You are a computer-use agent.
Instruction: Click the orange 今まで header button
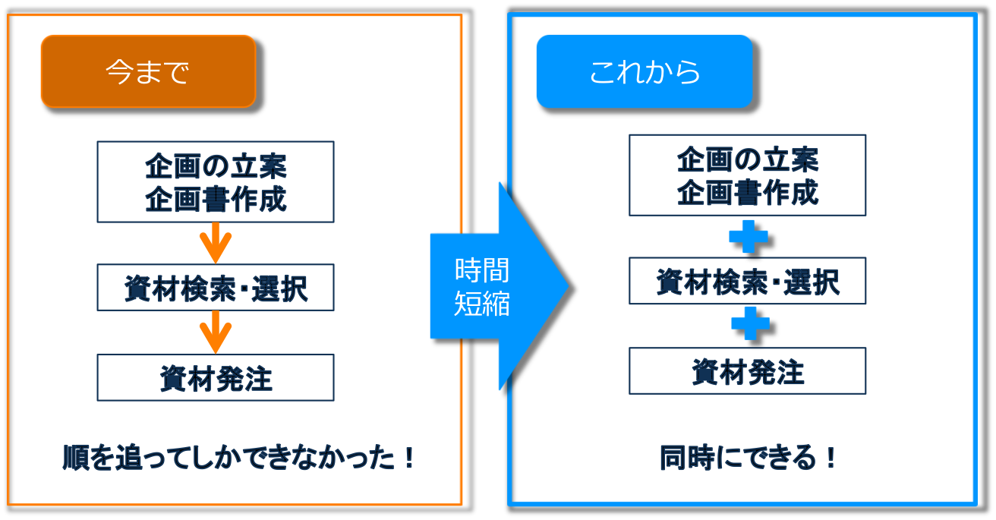[148, 71]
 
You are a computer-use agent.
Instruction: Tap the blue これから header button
[644, 71]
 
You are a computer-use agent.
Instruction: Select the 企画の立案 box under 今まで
[216, 181]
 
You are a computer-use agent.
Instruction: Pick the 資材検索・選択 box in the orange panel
[216, 288]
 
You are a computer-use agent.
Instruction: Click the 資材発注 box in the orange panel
[216, 377]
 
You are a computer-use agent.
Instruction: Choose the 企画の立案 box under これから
[747, 175]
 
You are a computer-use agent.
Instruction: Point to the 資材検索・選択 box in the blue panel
[747, 281]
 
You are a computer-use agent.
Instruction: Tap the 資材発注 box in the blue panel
[747, 370]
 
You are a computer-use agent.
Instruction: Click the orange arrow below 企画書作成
[216, 243]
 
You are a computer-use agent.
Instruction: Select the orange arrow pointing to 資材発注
[216, 332]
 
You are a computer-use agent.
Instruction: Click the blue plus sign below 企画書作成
[748, 237]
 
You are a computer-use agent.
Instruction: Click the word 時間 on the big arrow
[481, 270]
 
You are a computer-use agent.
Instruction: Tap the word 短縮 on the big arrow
[481, 304]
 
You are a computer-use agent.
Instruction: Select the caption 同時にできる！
[747, 458]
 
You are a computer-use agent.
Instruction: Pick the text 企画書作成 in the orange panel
[216, 199]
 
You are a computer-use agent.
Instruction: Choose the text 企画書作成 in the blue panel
[747, 192]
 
